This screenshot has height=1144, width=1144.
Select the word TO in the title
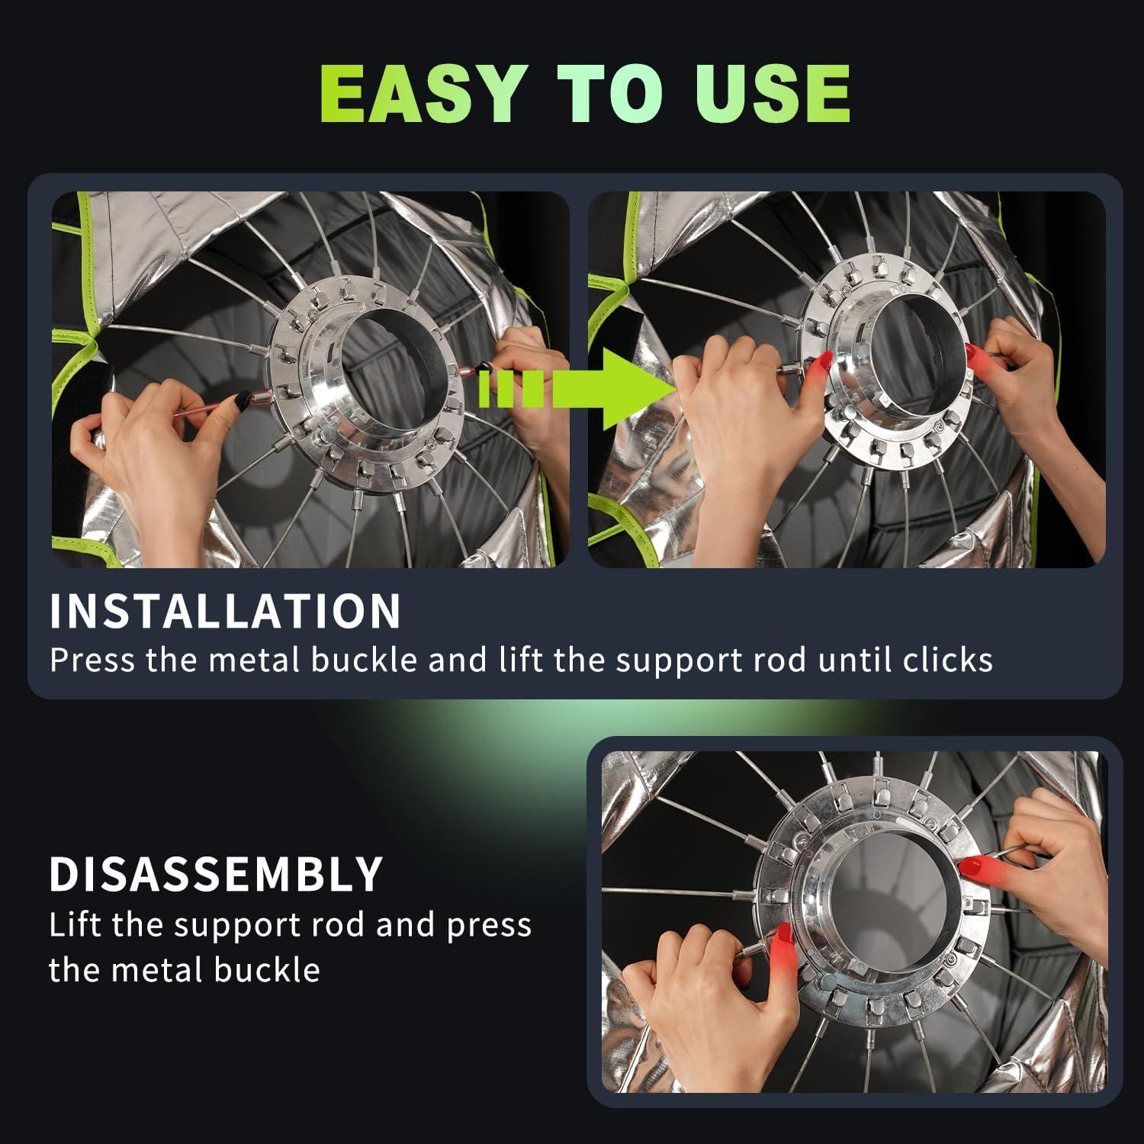tap(606, 93)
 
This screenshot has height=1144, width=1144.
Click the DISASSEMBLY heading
tap(216, 873)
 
